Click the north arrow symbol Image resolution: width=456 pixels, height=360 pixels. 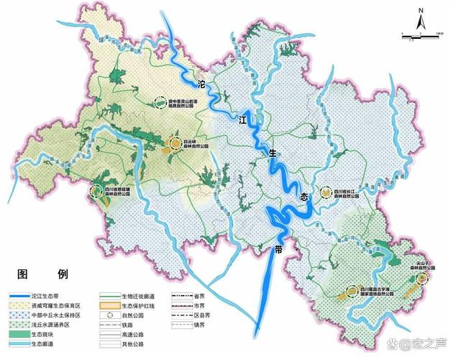coord(419,17)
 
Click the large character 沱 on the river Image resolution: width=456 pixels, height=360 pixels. coord(201,85)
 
